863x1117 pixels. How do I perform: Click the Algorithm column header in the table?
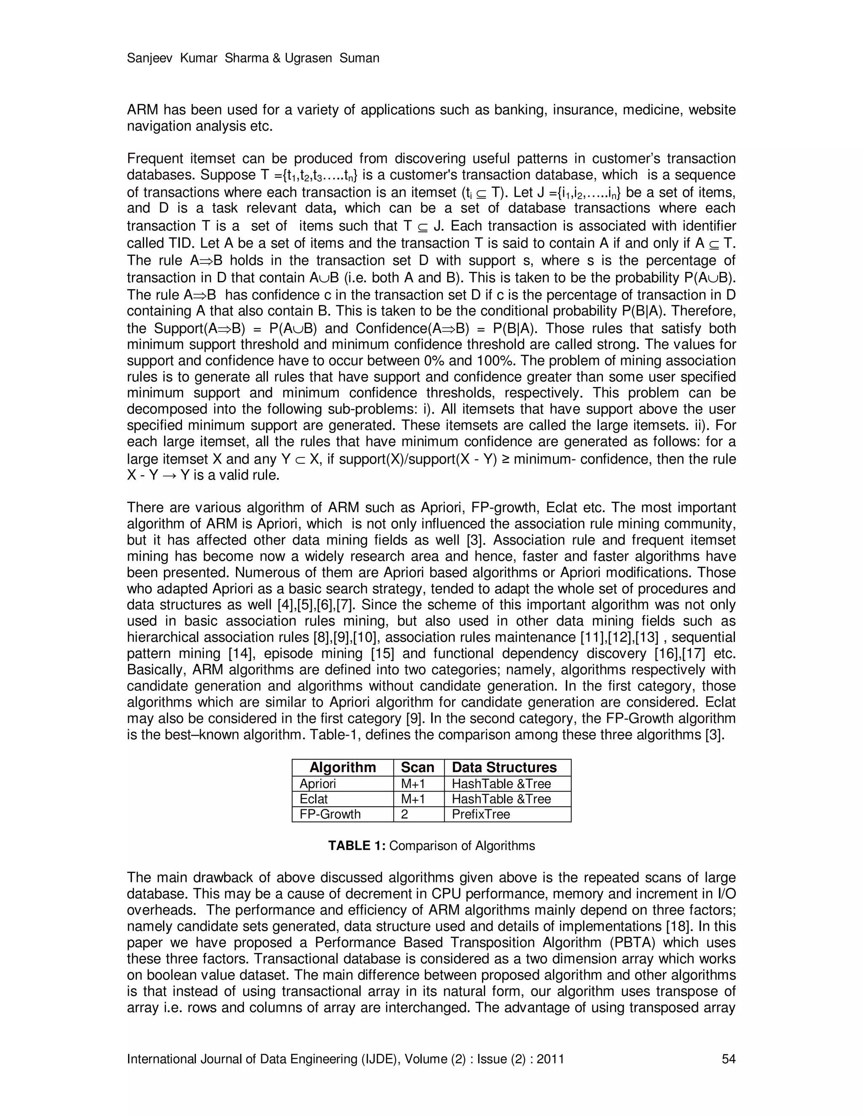click(343, 767)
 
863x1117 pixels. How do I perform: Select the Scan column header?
click(417, 767)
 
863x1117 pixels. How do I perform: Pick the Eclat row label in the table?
click(314, 799)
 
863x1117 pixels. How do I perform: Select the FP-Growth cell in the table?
click(330, 814)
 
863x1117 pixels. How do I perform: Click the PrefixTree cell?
click(480, 814)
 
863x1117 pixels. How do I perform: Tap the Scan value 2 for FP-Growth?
click(405, 814)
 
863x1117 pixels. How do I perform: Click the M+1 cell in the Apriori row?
click(413, 784)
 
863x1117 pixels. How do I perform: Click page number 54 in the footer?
click(728, 1059)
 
